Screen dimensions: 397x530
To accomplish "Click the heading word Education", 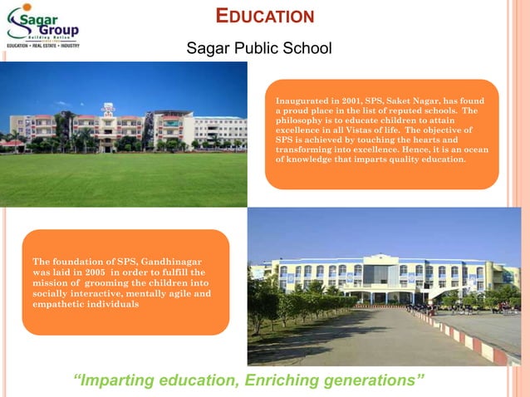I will tap(265, 16).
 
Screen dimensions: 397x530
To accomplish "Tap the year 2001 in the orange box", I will tap(347, 100).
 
